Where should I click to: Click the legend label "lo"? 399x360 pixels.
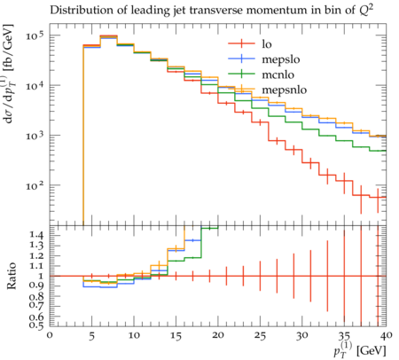pos(267,44)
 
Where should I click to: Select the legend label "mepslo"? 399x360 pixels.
pos(281,59)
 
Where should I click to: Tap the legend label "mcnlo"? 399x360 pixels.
pos(278,74)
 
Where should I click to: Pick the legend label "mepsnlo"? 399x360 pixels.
pos(285,90)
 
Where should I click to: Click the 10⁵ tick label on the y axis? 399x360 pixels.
pos(35,35)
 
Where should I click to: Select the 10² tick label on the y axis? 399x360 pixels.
pos(35,185)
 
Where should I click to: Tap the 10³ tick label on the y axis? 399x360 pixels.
pos(35,136)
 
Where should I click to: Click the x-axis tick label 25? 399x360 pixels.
pos(260,335)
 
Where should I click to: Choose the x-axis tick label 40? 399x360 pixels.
pos(386,335)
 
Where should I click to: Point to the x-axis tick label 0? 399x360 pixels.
pos(50,335)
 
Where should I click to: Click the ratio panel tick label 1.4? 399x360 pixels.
pos(36,236)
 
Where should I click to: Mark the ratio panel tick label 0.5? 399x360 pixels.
pos(36,325)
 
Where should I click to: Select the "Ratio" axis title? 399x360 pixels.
pos(11,276)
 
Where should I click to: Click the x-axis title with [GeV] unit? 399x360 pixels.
pos(360,350)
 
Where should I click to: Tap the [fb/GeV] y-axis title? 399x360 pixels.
pos(8,74)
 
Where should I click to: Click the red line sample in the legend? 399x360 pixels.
pos(241,44)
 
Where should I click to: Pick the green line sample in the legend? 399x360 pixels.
pos(241,74)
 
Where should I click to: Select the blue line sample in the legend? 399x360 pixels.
pos(241,59)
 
